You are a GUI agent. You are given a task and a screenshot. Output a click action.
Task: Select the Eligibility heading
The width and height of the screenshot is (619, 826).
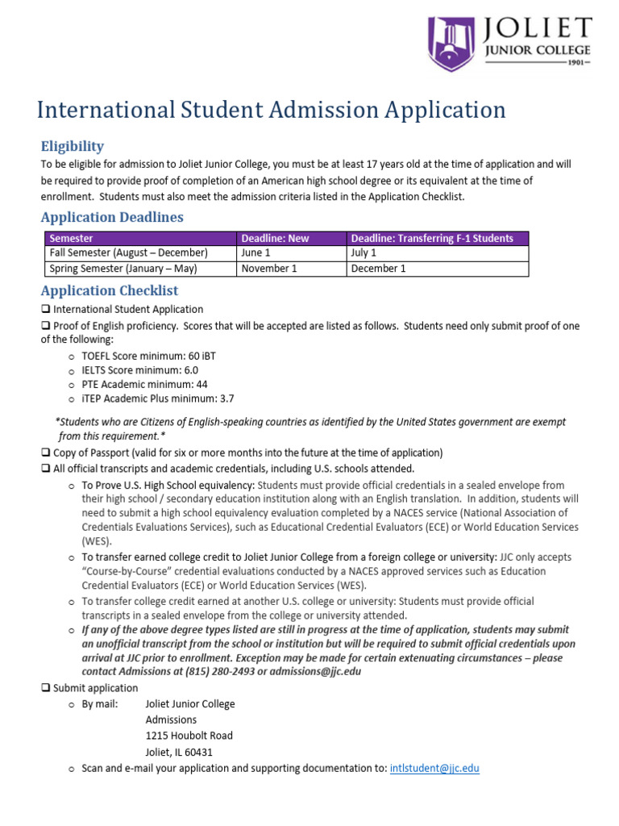pos(73,146)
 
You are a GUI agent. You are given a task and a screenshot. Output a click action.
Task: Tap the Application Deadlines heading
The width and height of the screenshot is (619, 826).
pos(112,217)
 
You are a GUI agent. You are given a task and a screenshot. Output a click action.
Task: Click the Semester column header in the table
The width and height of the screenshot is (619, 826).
pos(72,238)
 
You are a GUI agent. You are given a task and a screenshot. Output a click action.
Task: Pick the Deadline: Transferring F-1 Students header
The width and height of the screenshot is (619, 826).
pos(432,238)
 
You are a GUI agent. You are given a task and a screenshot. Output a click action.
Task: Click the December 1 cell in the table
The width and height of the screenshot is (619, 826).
pos(379,269)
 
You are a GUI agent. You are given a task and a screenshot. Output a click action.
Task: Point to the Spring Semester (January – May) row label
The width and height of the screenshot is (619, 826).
pos(123,269)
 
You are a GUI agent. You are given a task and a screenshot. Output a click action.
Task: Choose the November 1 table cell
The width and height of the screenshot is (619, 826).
pos(269,269)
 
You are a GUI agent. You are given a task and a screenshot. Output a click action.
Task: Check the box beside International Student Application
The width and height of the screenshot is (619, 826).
pos(46,309)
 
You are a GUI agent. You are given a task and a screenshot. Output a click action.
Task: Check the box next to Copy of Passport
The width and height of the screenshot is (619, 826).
pos(46,453)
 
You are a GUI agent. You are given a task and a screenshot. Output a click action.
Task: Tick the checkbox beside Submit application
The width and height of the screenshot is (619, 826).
pos(46,688)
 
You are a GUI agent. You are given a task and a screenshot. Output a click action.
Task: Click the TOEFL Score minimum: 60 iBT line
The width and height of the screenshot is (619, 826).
pos(147,355)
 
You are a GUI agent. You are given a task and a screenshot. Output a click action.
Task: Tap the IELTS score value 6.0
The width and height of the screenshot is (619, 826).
pos(190,369)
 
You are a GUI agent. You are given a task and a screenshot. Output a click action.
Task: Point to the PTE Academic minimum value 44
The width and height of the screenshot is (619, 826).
pos(201,384)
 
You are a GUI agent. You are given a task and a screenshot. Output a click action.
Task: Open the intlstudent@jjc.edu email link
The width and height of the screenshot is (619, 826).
pos(434,768)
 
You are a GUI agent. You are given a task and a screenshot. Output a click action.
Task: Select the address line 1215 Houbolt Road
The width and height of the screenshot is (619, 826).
pos(189,736)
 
